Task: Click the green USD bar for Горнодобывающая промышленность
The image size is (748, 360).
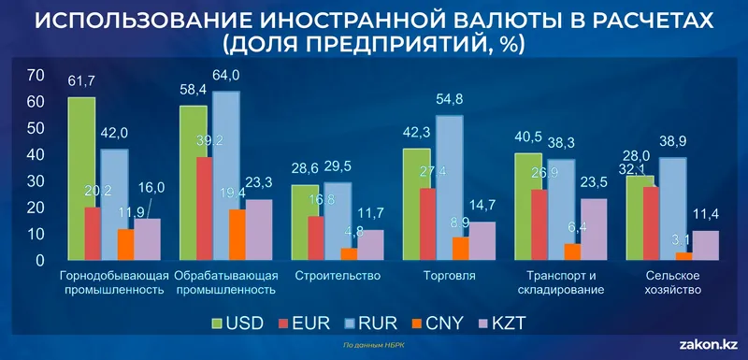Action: (81, 178)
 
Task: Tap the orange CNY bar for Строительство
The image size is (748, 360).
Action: (323, 252)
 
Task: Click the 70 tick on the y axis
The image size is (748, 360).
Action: (37, 75)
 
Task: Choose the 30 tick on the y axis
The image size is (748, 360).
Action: (37, 180)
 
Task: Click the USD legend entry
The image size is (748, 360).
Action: (243, 324)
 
